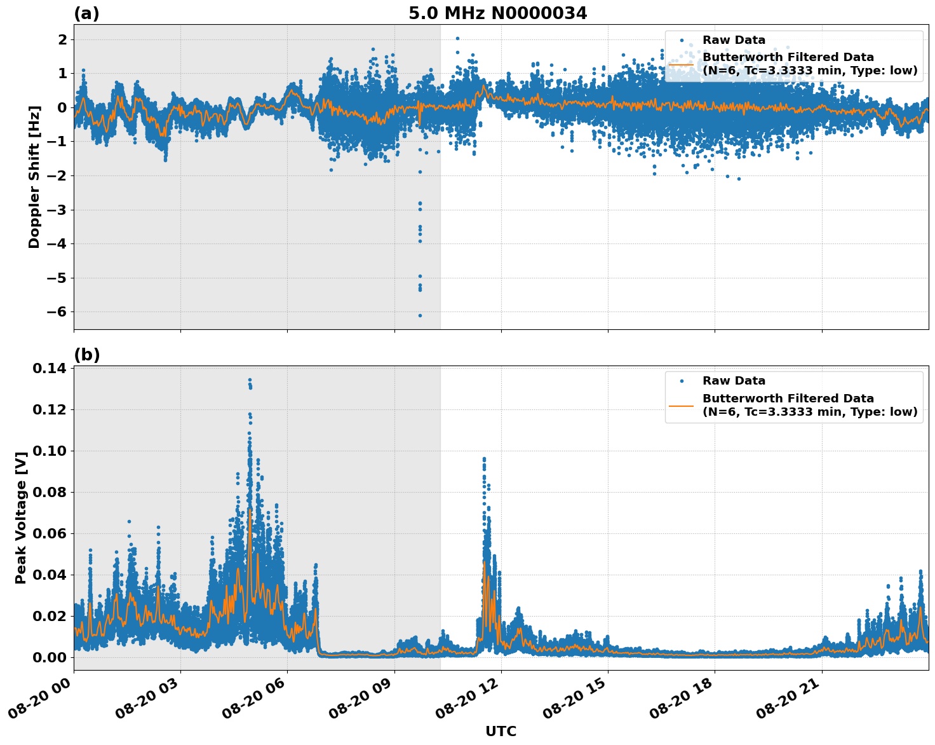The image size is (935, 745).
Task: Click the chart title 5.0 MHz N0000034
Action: (497, 13)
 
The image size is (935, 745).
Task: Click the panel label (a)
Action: (86, 13)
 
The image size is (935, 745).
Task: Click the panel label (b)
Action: (86, 355)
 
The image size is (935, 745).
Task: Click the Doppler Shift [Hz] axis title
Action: (34, 177)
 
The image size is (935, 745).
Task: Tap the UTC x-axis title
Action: (501, 731)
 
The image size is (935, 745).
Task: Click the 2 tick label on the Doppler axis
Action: (62, 39)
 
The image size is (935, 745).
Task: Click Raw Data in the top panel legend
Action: (734, 40)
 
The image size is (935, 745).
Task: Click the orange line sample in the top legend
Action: (682, 64)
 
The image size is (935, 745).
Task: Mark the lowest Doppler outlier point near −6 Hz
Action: (420, 315)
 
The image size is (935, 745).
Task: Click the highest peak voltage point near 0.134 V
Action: (250, 380)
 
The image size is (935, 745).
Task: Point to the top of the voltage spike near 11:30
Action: (483, 458)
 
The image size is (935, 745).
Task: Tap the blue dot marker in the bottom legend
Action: (682, 381)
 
